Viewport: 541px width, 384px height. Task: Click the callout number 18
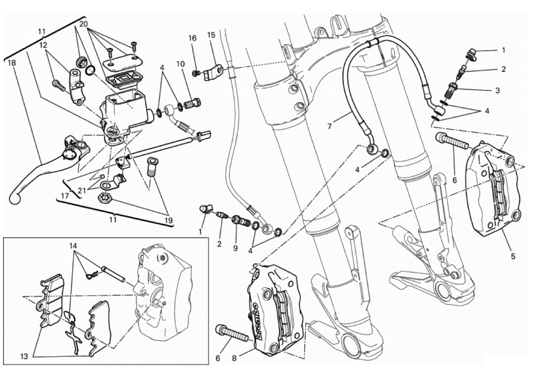coord(12,63)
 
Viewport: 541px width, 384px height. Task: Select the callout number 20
coord(83,24)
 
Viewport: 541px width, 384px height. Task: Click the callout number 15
coord(211,35)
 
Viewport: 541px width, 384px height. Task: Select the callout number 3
coord(497,90)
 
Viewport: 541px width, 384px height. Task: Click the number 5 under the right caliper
coord(513,256)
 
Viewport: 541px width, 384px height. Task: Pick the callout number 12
coord(43,45)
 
